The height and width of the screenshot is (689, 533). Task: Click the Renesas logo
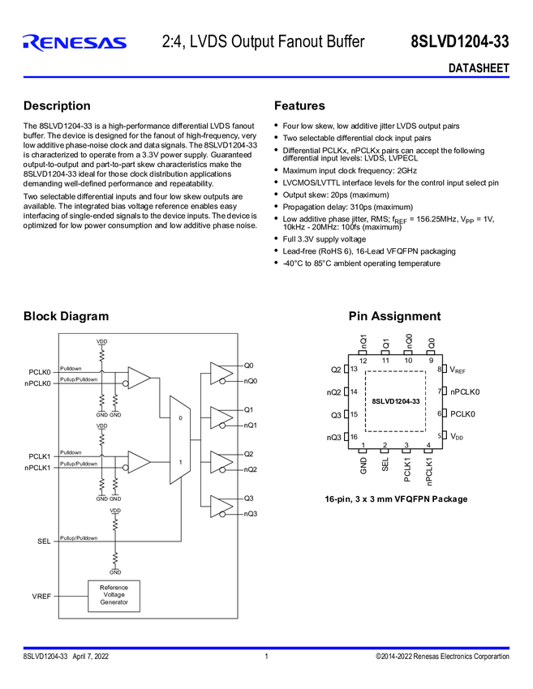point(75,42)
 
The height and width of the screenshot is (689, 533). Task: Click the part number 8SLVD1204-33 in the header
point(460,42)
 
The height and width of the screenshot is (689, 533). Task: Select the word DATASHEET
point(479,68)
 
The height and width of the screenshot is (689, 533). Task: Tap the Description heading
point(57,106)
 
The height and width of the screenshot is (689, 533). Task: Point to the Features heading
point(299,106)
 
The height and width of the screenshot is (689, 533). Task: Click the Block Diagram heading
point(66,316)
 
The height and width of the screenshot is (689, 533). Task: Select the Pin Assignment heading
point(394,316)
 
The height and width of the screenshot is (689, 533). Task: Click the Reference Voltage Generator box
point(114,595)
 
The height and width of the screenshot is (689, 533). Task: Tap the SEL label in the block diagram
point(44,541)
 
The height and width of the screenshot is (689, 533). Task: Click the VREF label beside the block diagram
point(41,597)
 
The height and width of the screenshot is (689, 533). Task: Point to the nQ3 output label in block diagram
point(251,513)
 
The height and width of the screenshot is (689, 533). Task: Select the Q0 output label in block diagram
point(248,366)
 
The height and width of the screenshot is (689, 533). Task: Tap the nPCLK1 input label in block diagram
point(37,468)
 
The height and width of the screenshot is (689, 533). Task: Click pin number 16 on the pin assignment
point(354,437)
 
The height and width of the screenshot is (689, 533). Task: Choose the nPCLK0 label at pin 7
point(465,392)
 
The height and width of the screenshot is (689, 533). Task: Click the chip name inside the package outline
point(396,401)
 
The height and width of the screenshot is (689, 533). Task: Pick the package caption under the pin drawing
point(396,499)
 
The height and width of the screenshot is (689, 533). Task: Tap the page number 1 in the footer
point(266,657)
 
